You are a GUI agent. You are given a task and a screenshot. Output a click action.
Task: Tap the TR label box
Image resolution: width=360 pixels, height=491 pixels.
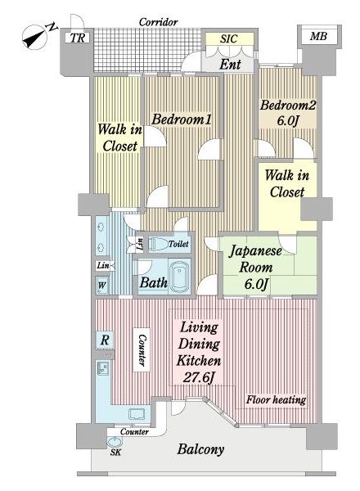[78, 38]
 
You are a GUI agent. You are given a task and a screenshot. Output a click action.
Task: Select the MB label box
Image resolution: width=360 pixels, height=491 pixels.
[318, 36]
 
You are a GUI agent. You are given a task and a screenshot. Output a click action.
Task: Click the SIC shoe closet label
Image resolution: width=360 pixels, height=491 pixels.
[229, 38]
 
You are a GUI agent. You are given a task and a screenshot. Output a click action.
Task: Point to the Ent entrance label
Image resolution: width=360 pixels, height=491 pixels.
[230, 65]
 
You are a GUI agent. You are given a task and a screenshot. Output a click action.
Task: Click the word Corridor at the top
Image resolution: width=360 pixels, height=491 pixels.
[159, 22]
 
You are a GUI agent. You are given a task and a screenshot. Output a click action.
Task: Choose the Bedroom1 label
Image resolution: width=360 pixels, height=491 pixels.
[182, 119]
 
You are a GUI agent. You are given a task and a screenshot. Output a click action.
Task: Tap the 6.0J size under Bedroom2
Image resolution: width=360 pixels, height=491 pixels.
[286, 120]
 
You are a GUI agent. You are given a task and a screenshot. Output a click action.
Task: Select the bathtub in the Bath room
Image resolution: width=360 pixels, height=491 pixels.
[179, 276]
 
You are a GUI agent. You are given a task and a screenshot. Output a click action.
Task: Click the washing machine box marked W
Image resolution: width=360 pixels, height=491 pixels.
[102, 285]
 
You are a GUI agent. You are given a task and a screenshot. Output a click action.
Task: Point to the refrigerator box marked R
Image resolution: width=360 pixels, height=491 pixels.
[105, 340]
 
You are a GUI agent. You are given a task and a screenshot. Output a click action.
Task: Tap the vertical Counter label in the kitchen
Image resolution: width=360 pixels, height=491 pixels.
[142, 350]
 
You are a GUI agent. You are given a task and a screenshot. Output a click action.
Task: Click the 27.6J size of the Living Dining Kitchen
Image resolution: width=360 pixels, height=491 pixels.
[199, 377]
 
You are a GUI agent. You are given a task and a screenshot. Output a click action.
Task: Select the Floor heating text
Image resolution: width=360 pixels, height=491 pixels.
[276, 399]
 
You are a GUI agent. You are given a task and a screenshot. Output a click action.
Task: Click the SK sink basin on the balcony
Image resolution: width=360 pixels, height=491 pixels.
[115, 443]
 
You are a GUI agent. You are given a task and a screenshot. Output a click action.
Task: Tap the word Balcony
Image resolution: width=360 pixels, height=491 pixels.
[200, 449]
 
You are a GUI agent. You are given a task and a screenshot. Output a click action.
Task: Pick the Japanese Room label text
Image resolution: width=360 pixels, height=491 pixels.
[255, 259]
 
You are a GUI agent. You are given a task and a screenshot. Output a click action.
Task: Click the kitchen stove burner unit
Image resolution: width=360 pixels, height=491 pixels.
[102, 368]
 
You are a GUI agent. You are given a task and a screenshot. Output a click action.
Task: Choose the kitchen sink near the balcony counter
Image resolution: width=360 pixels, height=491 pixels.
[137, 414]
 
